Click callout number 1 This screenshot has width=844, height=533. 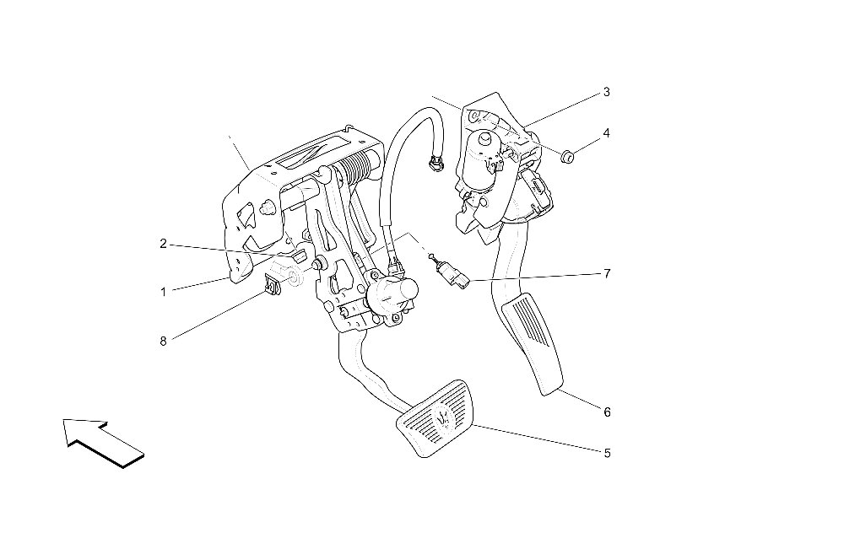pos(163,292)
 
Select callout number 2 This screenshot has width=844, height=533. pos(163,244)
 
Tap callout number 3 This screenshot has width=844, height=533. pos(607,92)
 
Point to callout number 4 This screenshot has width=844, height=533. pos(607,133)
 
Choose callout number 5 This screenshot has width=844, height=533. pos(607,454)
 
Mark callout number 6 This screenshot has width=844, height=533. pos(607,412)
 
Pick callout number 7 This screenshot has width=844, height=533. pos(607,274)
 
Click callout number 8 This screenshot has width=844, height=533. pos(163,341)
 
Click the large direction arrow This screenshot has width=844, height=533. pos(102,441)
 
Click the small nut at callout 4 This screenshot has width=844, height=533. pos(566,158)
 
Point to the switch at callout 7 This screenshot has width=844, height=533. pos(454,274)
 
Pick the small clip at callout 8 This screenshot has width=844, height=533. pos(273,284)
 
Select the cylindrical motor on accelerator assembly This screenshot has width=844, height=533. pos(479,160)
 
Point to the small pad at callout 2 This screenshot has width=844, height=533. pos(300,256)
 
